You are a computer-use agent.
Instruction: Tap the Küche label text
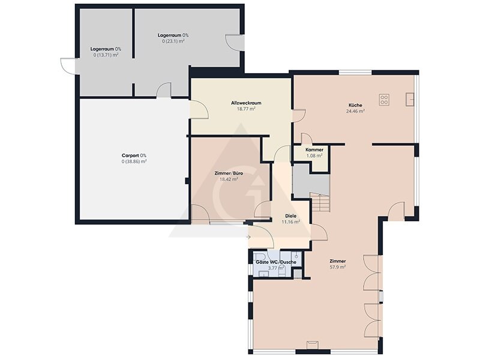click(355, 105)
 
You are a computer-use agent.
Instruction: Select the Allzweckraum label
click(246, 103)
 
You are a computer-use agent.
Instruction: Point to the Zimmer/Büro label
click(229, 173)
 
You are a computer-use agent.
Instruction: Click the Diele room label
click(290, 216)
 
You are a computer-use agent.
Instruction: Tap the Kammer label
click(314, 150)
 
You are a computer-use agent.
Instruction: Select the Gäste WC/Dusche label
click(276, 262)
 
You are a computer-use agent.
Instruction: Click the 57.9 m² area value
click(338, 267)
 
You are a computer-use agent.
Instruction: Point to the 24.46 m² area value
click(355, 111)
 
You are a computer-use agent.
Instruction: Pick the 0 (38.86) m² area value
click(134, 161)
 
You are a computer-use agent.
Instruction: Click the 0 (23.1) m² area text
click(173, 41)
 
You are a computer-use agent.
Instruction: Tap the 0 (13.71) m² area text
click(106, 55)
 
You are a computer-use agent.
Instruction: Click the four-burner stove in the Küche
click(384, 100)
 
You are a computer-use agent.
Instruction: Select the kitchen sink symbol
click(410, 100)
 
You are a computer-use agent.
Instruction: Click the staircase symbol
click(320, 202)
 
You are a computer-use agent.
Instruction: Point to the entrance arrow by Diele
click(248, 237)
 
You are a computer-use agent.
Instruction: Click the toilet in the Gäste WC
click(260, 256)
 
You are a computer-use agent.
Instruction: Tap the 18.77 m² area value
click(246, 109)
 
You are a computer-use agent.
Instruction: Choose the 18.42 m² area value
click(229, 179)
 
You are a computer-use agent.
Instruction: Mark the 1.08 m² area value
click(314, 156)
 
